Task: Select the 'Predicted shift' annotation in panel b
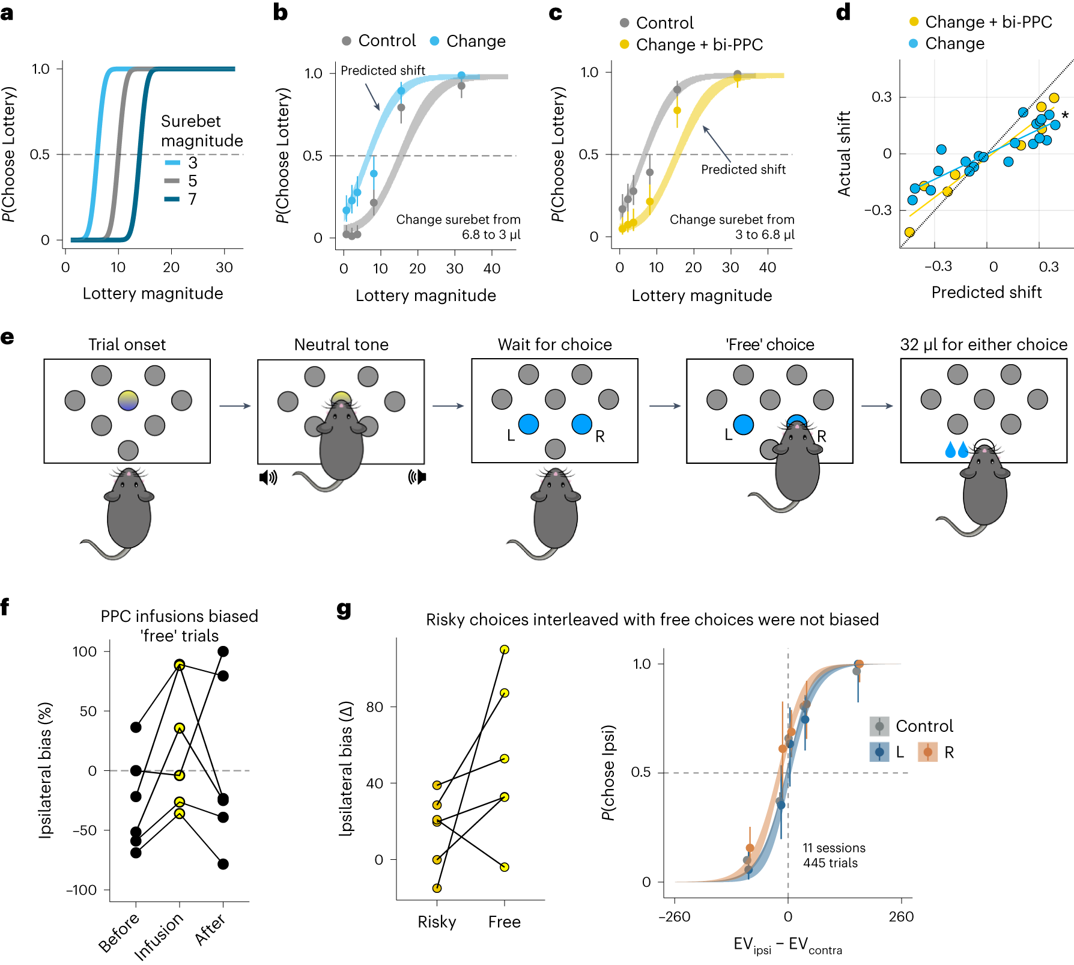coord(383,70)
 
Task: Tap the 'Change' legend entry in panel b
coord(468,41)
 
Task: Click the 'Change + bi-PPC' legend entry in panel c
coord(691,44)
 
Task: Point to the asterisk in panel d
coord(1065,115)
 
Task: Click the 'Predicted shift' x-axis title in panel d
coord(986,292)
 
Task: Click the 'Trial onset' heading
coord(127,344)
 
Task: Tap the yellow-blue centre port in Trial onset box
coord(128,400)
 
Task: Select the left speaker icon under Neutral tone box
coord(268,478)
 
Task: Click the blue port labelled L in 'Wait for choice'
coord(529,424)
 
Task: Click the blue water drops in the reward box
coord(956,449)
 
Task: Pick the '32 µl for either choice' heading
coord(983,344)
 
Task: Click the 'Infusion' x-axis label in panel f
coord(159,936)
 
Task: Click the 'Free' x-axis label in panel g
coord(504,922)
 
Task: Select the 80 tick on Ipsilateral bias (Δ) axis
coord(374,707)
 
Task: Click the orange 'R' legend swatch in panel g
coord(928,752)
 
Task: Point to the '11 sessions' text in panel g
coord(834,848)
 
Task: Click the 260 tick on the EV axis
coord(901,916)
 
